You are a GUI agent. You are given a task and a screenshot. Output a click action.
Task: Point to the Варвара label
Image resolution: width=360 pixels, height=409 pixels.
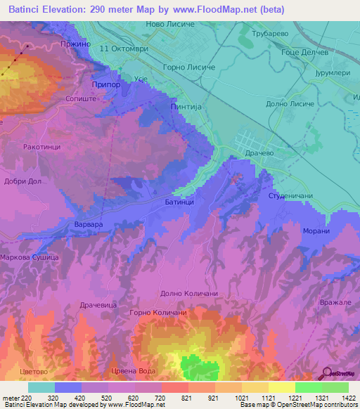[89, 224]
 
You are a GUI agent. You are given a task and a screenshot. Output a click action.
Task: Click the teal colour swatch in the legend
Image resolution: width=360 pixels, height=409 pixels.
[41, 387]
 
